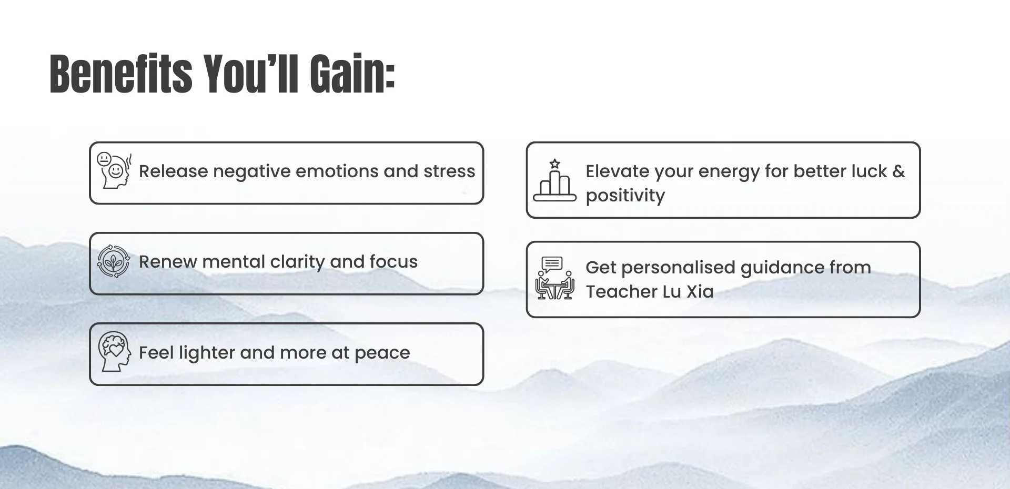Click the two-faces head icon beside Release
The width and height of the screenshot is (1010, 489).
(114, 170)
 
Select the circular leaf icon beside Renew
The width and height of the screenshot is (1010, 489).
(113, 261)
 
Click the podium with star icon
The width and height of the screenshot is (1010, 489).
(554, 181)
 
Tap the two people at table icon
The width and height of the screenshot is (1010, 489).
(554, 278)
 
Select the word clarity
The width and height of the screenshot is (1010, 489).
(297, 262)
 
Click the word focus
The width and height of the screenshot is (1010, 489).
(393, 262)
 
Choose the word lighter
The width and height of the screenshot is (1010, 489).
(206, 353)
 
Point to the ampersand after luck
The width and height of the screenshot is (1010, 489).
(898, 171)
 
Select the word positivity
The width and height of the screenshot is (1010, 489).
(625, 196)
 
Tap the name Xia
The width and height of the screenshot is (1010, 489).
(700, 292)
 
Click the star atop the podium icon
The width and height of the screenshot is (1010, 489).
(554, 164)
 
